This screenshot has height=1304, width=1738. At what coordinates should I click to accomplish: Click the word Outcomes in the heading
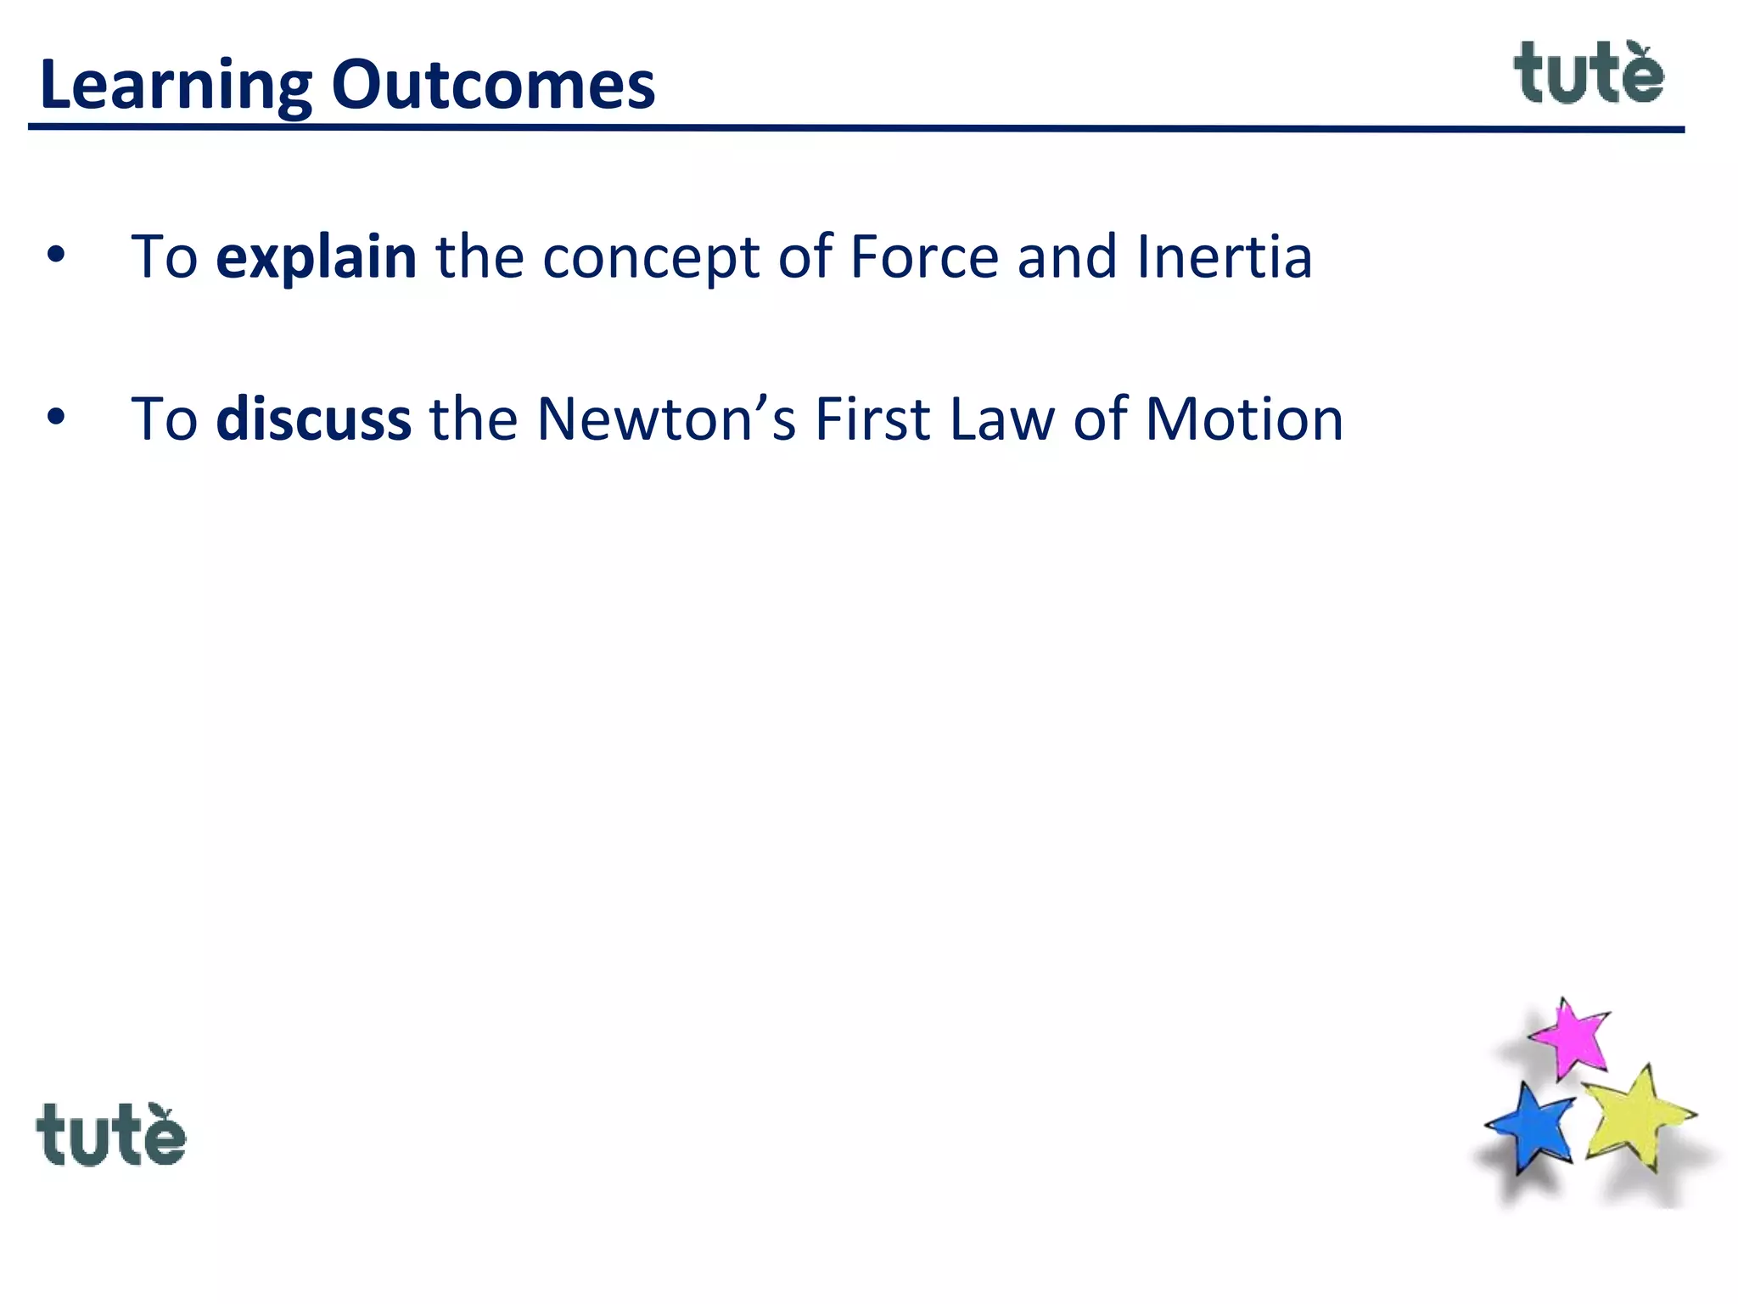[x=493, y=85]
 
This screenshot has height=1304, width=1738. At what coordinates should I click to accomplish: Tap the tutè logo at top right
[x=1588, y=75]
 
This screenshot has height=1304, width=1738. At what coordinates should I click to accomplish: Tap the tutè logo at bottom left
[x=110, y=1136]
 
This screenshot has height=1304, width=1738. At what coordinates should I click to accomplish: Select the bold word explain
[x=316, y=257]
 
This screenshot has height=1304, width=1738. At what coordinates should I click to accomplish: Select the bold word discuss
[x=313, y=419]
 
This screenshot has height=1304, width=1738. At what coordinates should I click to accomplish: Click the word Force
[x=923, y=256]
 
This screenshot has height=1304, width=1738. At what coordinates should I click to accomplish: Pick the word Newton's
[x=666, y=419]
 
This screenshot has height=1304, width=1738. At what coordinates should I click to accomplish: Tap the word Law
[x=1001, y=419]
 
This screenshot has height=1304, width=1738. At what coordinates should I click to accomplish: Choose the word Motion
[x=1243, y=419]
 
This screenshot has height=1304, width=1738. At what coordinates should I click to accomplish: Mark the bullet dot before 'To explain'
[x=56, y=256]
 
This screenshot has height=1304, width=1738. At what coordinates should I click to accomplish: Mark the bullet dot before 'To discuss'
[x=56, y=418]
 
